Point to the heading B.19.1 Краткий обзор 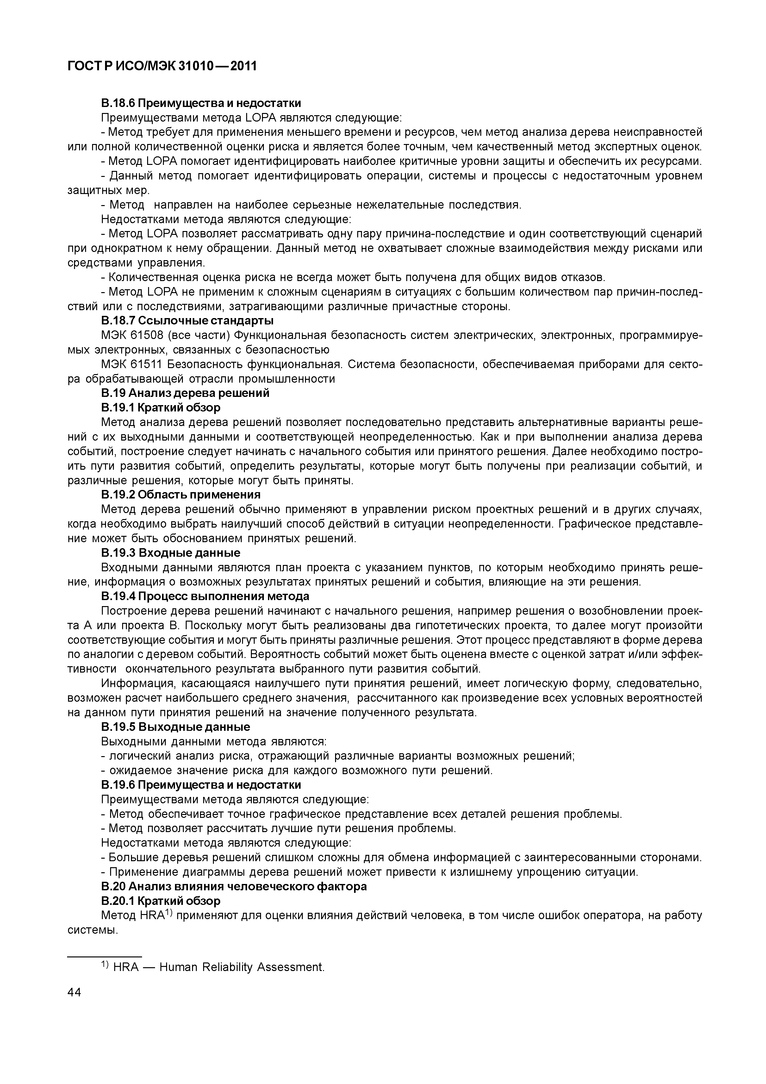point(160,407)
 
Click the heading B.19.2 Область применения point(181,495)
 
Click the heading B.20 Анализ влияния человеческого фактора point(234,887)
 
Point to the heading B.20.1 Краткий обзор point(160,901)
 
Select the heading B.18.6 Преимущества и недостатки point(201,103)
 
